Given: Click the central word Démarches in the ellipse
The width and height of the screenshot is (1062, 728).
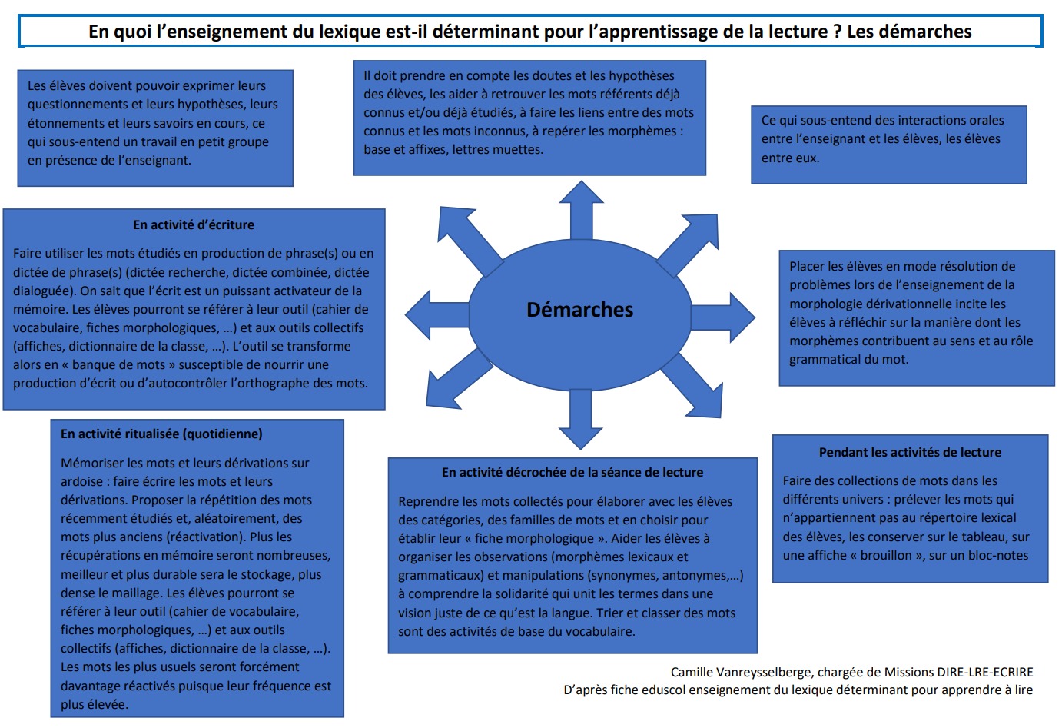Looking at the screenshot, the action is (580, 310).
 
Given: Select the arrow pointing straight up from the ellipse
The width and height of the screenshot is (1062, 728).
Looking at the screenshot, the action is (581, 210).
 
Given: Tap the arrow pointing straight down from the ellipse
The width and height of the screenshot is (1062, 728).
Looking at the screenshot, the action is (581, 419).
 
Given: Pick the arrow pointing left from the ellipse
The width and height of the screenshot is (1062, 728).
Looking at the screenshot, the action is (437, 314).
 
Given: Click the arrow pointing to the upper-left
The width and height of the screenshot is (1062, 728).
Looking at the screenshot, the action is (470, 241).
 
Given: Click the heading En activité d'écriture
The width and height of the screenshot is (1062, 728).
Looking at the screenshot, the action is (194, 224).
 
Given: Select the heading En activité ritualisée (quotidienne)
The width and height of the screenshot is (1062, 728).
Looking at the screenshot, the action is (161, 434).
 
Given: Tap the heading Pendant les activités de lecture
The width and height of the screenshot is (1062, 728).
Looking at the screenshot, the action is (910, 453).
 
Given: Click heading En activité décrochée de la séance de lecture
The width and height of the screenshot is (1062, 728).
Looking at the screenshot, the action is (572, 472).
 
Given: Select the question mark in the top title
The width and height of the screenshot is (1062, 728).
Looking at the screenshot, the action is (837, 32).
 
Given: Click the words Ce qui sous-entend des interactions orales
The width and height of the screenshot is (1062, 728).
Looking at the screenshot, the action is (882, 121).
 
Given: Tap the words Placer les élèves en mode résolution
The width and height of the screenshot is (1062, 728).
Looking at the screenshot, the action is (901, 267).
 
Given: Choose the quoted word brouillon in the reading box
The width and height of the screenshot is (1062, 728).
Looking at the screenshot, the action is (885, 556).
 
